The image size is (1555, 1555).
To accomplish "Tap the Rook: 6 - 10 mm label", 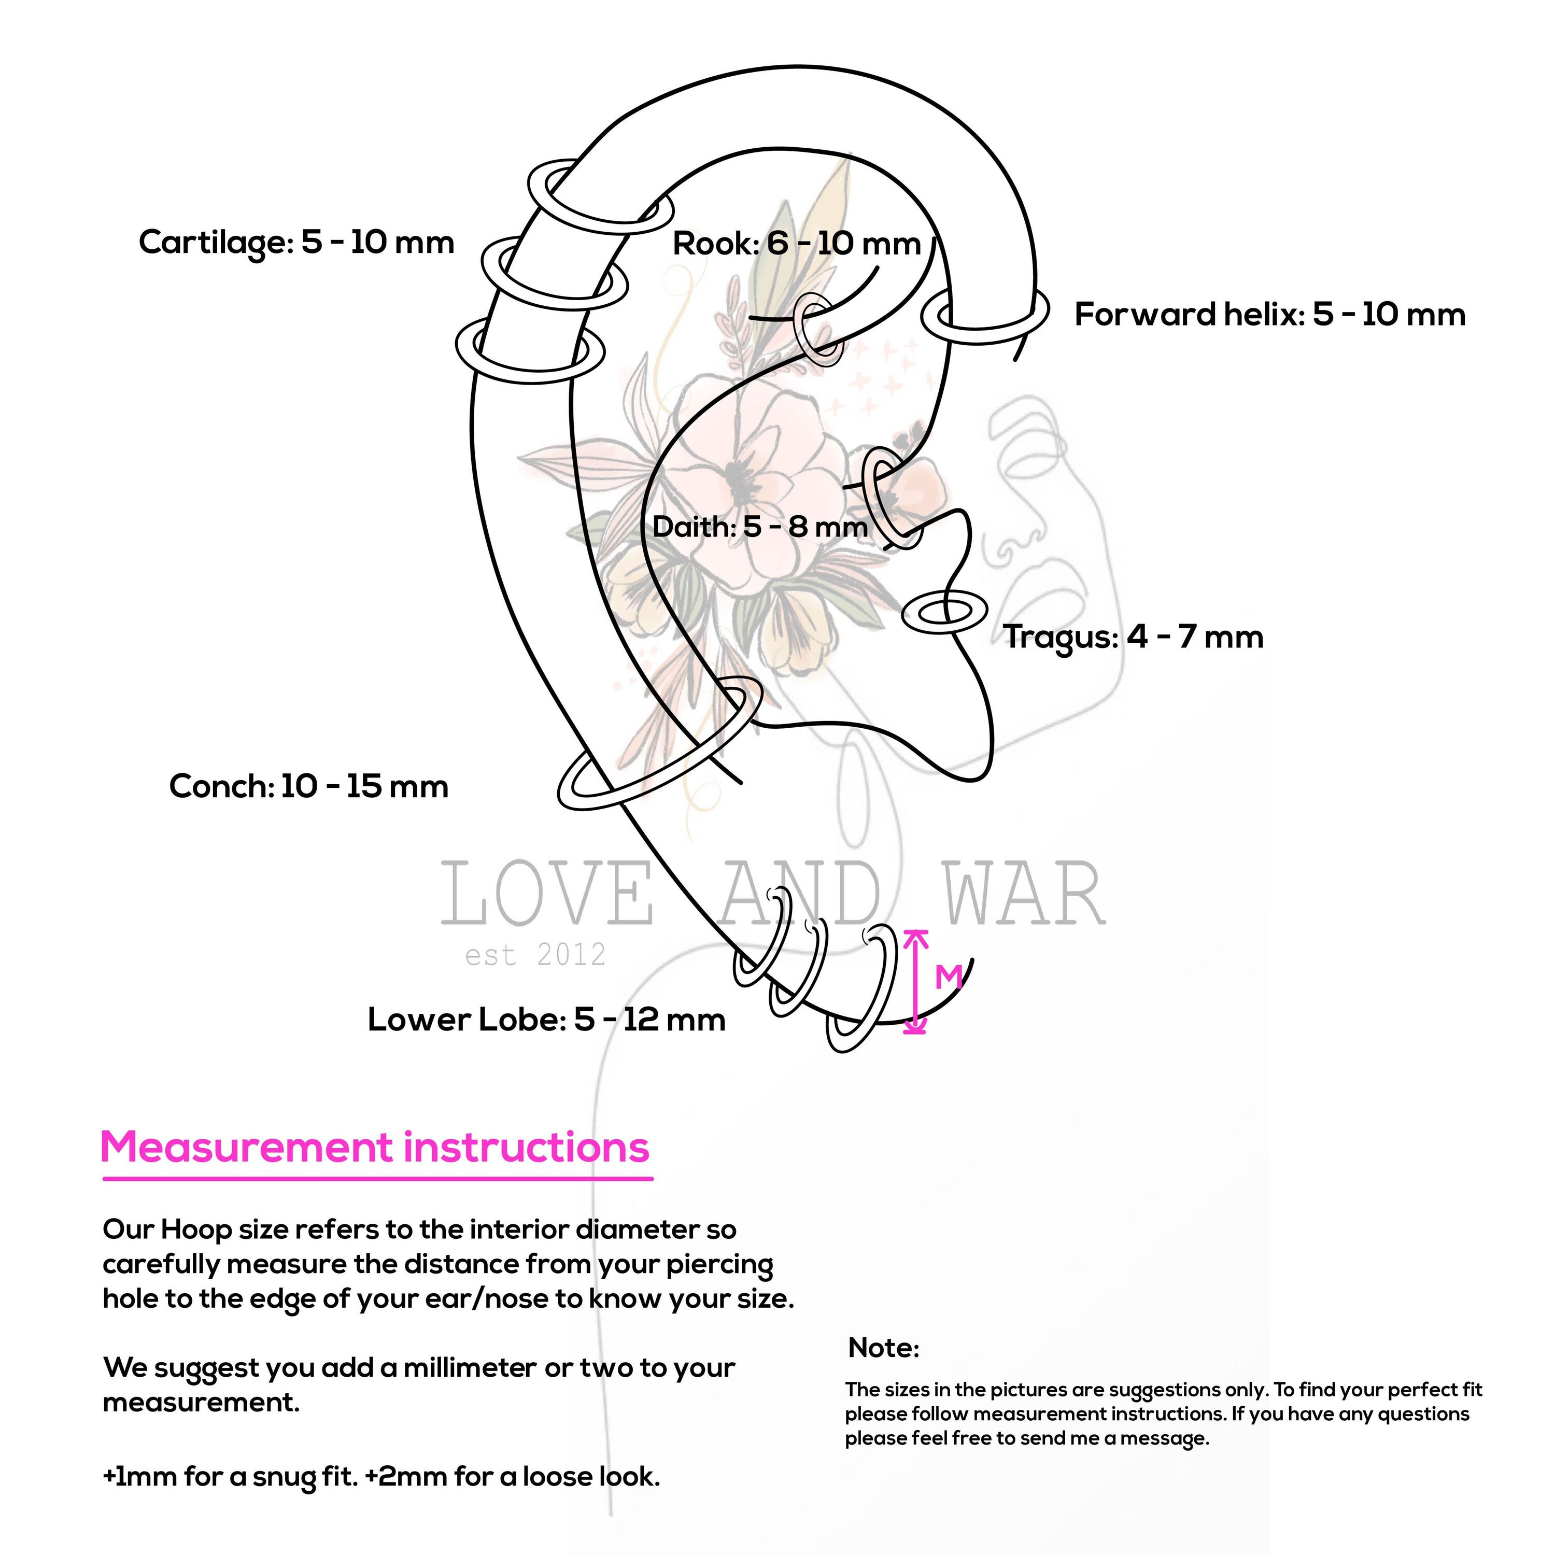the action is (796, 244).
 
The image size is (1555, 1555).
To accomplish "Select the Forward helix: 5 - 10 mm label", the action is (1269, 315).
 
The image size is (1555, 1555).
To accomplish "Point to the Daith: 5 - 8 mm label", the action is (760, 527).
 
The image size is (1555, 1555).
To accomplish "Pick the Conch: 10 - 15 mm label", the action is (308, 786).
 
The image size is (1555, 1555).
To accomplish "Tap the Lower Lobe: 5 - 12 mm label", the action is (546, 1020).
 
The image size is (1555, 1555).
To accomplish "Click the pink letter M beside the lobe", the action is (948, 977).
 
